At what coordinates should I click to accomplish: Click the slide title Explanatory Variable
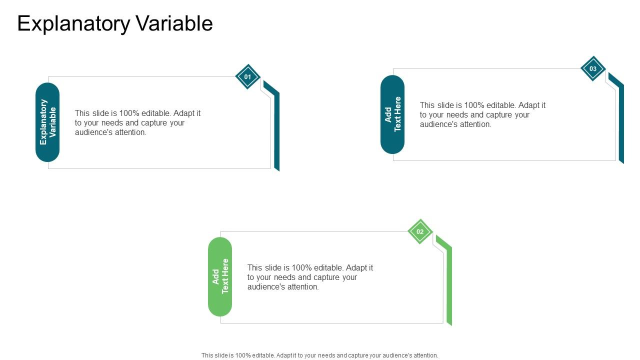(x=115, y=23)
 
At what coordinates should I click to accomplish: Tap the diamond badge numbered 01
(x=247, y=77)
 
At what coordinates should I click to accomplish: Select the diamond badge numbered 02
(x=420, y=231)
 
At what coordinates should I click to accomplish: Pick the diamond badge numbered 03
(x=593, y=69)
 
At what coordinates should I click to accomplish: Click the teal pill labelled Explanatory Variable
(x=47, y=122)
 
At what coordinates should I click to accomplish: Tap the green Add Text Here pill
(x=220, y=276)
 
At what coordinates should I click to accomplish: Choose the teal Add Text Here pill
(x=392, y=114)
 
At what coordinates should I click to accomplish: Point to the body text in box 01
(x=137, y=123)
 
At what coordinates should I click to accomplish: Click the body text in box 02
(x=310, y=277)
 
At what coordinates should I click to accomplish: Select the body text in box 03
(x=482, y=115)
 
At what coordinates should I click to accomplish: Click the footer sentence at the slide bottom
(x=319, y=355)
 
